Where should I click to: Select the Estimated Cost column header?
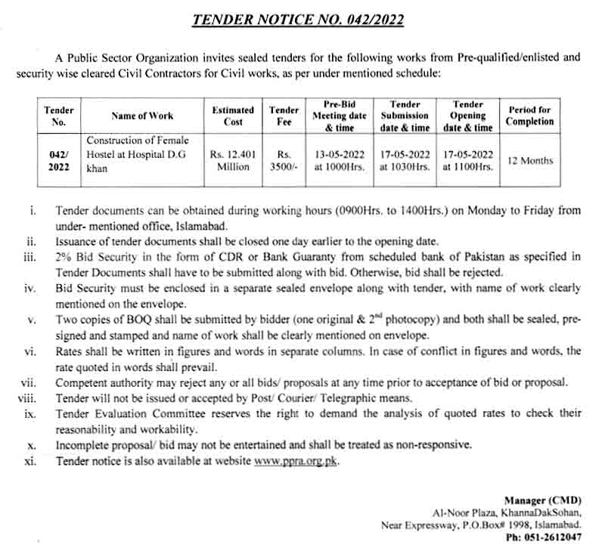tap(233, 116)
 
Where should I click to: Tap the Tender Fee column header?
tap(284, 116)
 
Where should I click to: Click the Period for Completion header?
tap(529, 116)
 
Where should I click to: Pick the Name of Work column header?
tap(142, 116)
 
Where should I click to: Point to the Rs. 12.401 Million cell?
tap(233, 160)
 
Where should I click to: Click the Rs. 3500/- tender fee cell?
tap(284, 160)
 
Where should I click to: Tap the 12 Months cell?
tap(529, 160)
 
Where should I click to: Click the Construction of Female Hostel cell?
tap(138, 154)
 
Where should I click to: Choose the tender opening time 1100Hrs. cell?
tap(468, 167)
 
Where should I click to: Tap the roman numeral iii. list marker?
tap(30, 258)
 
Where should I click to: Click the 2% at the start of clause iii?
tap(64, 258)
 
